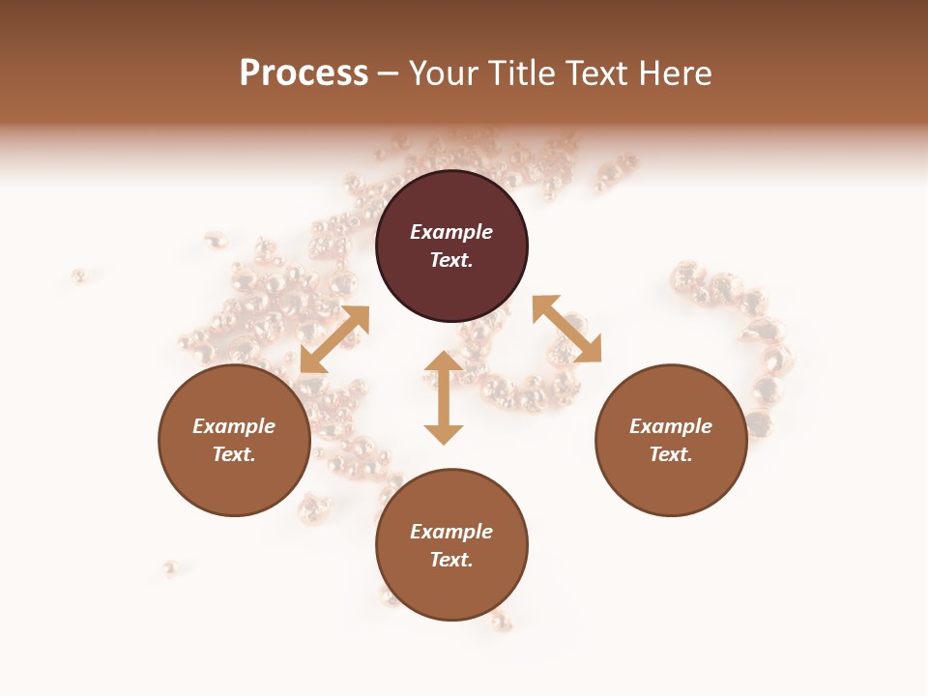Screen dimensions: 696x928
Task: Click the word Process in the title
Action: tap(304, 73)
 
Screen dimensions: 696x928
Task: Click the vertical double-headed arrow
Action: tap(444, 397)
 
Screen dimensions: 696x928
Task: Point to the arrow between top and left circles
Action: tap(334, 339)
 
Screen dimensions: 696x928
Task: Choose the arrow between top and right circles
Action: tap(566, 329)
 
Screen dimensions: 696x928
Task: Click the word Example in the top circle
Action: tap(451, 232)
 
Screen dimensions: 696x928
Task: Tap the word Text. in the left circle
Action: tap(234, 454)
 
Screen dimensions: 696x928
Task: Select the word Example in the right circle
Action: tap(671, 426)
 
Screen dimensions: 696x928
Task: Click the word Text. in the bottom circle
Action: tap(451, 560)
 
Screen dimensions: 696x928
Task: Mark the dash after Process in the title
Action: tap(388, 73)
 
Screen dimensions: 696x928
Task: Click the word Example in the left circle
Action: tap(234, 426)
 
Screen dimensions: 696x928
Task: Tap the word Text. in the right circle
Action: tap(671, 454)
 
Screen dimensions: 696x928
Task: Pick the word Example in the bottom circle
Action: tap(451, 532)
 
